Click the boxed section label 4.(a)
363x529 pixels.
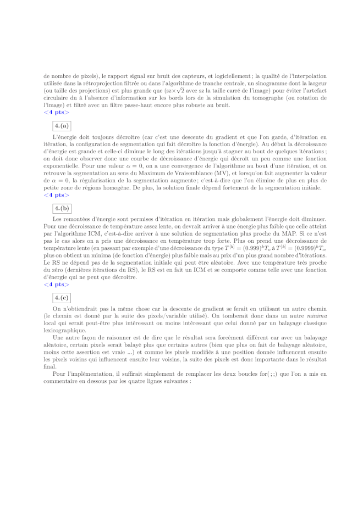tap(62, 125)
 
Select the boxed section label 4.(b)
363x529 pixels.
tap(62, 208)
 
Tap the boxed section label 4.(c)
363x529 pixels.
tap(62, 297)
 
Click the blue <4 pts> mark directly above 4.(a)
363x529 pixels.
tap(56, 112)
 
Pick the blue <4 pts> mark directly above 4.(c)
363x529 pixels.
tap(56, 284)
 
